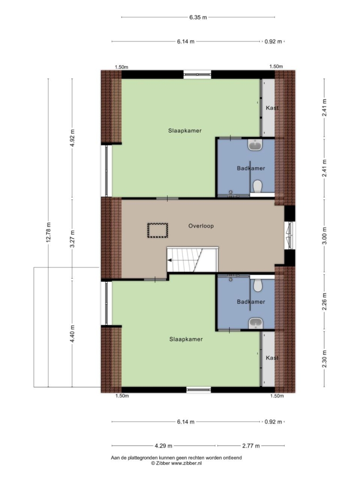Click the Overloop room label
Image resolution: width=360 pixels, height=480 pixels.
click(x=201, y=226)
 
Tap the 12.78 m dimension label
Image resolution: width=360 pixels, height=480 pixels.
click(x=48, y=232)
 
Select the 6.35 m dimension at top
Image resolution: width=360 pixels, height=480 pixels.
click(x=198, y=17)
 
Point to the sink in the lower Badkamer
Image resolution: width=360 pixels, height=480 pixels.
click(x=255, y=322)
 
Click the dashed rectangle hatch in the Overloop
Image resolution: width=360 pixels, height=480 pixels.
click(x=158, y=230)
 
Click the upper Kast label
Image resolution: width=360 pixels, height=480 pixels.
click(x=272, y=108)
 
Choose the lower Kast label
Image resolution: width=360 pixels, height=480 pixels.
click(x=272, y=358)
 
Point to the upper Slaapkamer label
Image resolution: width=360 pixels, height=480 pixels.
click(x=185, y=130)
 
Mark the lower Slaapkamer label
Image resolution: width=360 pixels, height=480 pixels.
click(x=186, y=339)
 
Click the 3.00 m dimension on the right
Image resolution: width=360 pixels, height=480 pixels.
click(x=325, y=235)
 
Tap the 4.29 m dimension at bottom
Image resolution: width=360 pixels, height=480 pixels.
click(x=163, y=446)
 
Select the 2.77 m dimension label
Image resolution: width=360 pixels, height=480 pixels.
click(x=251, y=446)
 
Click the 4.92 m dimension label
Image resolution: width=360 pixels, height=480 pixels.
click(x=73, y=138)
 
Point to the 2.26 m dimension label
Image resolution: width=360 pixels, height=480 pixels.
click(x=325, y=302)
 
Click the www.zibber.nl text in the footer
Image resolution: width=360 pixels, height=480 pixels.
click(x=186, y=464)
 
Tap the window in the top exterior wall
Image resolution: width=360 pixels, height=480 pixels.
click(x=197, y=75)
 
